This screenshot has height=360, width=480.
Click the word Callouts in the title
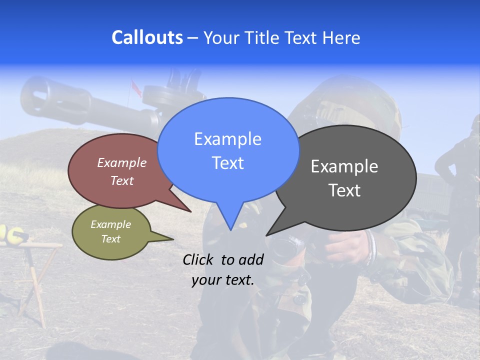pos(147,37)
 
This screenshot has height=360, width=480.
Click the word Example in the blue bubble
pos(227,139)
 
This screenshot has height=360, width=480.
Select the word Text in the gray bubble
pos(344,190)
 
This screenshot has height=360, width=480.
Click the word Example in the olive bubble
pos(110,224)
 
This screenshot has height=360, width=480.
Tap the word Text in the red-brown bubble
pos(122,181)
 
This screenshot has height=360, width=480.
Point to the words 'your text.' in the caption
pos(223,280)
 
